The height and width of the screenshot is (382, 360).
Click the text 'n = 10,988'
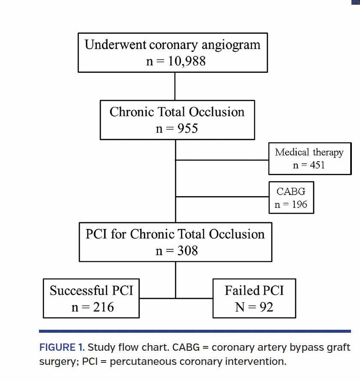(x=176, y=61)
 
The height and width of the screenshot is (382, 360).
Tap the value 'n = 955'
(x=177, y=128)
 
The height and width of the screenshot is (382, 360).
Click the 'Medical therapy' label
(x=309, y=152)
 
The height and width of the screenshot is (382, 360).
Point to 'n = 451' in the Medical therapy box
(x=309, y=165)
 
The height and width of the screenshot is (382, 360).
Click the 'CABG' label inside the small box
(x=291, y=192)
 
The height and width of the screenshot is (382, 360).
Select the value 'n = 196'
(x=291, y=204)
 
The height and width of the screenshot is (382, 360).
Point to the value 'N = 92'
(x=254, y=307)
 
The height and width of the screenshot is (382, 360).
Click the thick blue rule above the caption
(x=195, y=331)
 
